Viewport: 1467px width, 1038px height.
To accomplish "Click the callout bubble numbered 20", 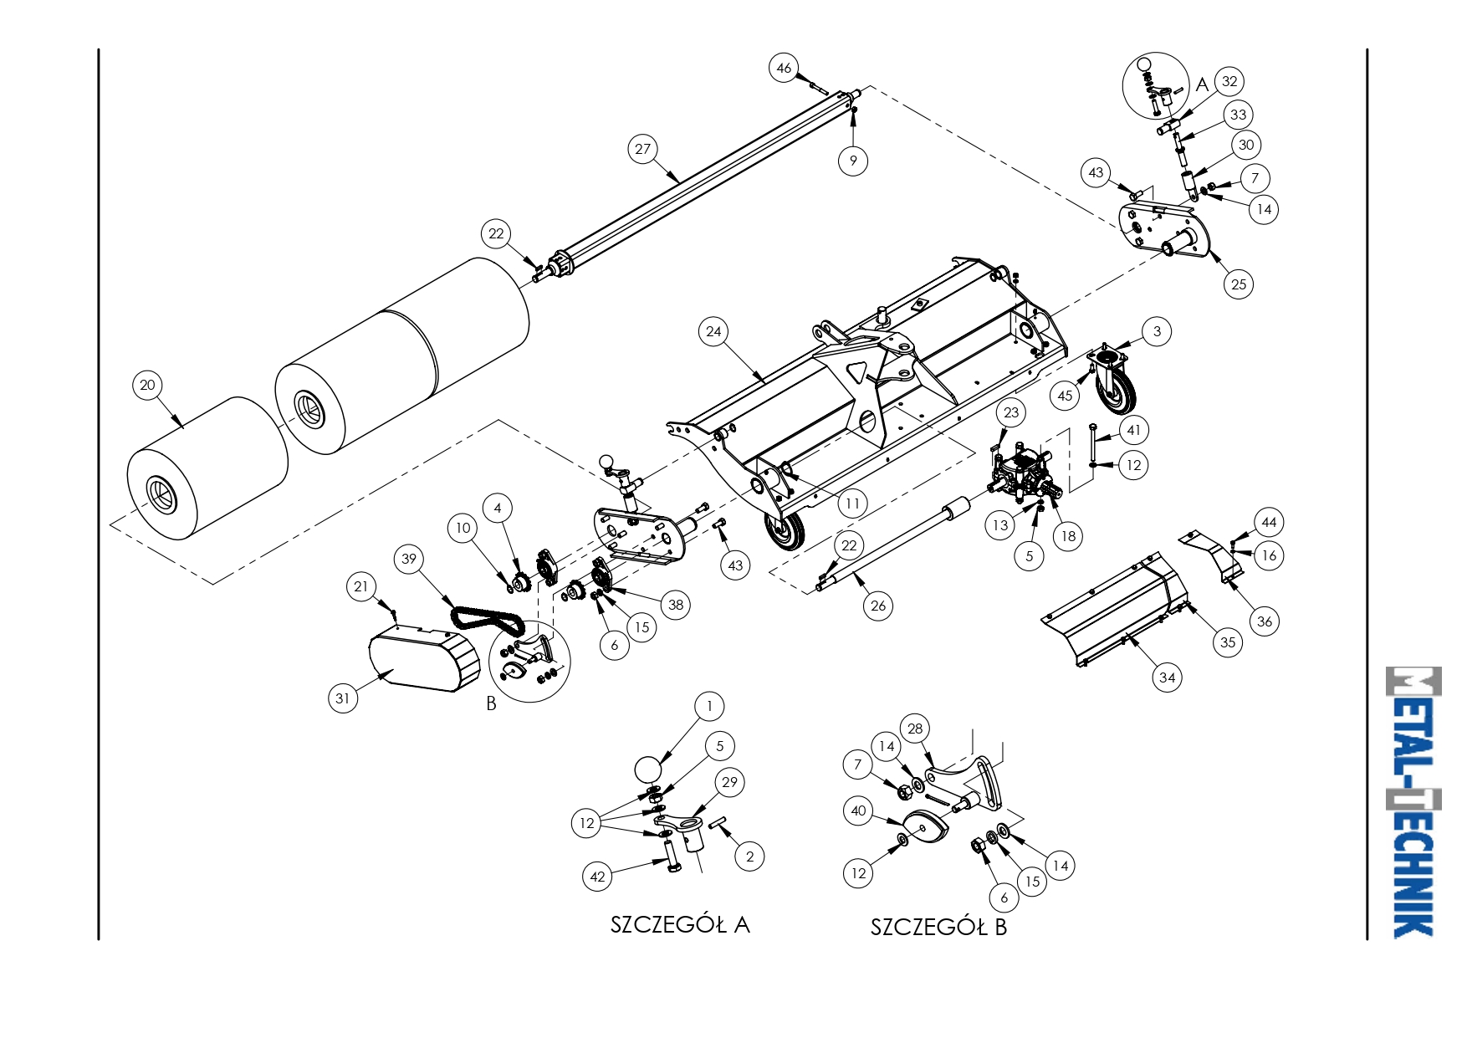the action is (x=147, y=386).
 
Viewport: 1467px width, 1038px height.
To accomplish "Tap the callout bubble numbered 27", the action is (x=642, y=150).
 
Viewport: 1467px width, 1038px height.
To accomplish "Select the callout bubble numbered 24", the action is (x=713, y=332).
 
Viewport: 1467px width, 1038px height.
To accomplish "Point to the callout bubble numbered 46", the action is (x=784, y=69).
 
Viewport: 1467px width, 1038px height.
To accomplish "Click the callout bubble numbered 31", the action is (x=343, y=698).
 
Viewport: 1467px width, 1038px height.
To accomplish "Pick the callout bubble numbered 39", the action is (x=409, y=560).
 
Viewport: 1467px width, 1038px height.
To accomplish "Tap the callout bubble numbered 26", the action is (x=878, y=606).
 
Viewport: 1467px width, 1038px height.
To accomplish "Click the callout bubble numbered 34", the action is (x=1168, y=678).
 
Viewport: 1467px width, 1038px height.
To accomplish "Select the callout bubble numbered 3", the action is (x=1157, y=332).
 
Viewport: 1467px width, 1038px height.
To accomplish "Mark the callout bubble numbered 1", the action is (x=709, y=706).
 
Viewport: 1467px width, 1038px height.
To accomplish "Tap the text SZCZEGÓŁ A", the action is (x=680, y=924).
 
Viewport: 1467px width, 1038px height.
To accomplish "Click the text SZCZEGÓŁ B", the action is (x=938, y=927).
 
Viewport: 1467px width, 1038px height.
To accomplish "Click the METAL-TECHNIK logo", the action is (x=1413, y=802).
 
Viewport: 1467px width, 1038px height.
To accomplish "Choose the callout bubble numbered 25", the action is (x=1239, y=284).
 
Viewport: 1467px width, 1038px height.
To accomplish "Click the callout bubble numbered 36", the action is (x=1265, y=621).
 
